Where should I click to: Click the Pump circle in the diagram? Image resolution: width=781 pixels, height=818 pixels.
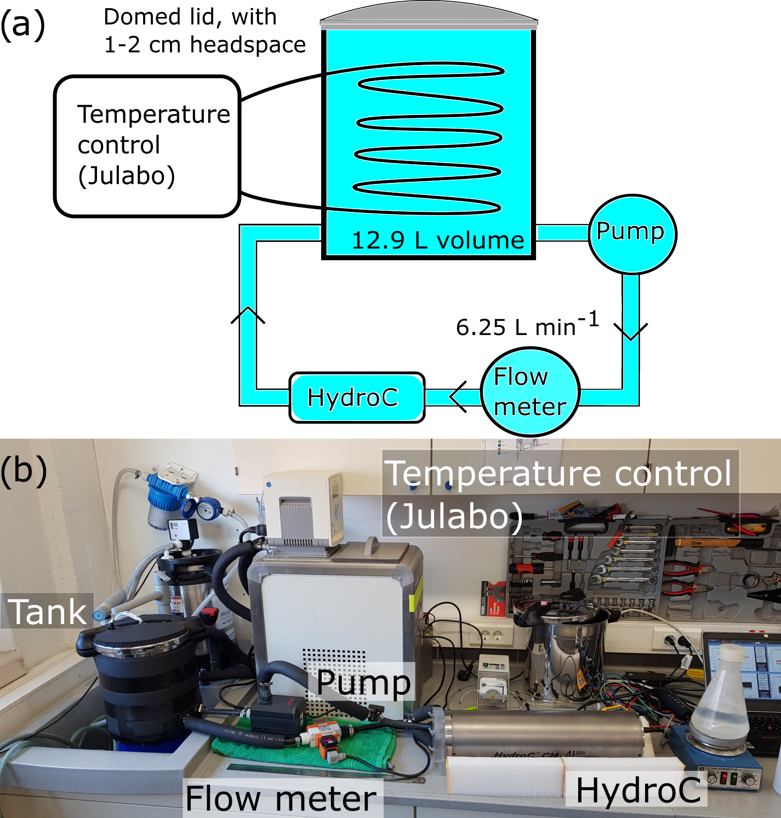pyautogui.click(x=632, y=234)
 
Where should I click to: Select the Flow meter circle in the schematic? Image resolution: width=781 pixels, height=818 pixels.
pyautogui.click(x=530, y=391)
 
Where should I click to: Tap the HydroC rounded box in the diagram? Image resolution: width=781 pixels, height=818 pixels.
pyautogui.click(x=357, y=398)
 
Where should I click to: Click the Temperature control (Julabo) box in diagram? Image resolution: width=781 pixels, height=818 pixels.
pyautogui.click(x=147, y=146)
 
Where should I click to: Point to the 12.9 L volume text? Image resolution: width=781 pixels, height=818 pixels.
pyautogui.click(x=437, y=240)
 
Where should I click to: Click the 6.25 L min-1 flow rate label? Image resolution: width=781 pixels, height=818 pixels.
pyautogui.click(x=527, y=325)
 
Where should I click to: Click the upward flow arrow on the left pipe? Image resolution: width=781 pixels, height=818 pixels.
pyautogui.click(x=248, y=315)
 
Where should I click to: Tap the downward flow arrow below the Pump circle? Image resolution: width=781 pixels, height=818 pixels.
pyautogui.click(x=631, y=331)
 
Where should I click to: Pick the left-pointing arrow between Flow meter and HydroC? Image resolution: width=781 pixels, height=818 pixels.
pyautogui.click(x=458, y=396)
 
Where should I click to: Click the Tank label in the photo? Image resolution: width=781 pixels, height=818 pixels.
pyautogui.click(x=48, y=611)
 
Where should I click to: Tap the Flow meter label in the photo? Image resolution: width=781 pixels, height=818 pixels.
pyautogui.click(x=281, y=798)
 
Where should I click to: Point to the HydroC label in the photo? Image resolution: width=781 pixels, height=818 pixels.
pyautogui.click(x=638, y=790)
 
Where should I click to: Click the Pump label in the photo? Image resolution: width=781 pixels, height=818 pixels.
pyautogui.click(x=364, y=682)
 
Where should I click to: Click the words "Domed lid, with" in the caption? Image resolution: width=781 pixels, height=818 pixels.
pyautogui.click(x=190, y=16)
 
